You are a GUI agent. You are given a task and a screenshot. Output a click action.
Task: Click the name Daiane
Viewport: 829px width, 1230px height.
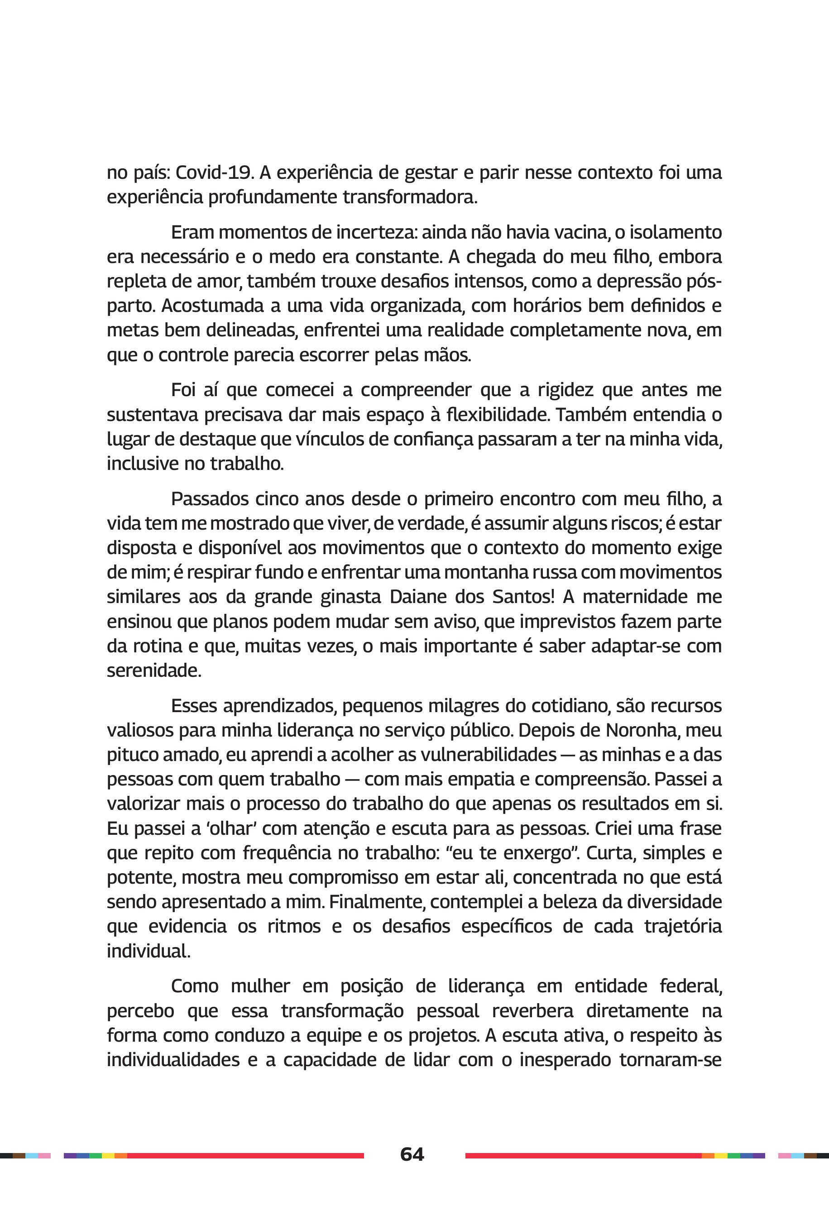tap(416, 596)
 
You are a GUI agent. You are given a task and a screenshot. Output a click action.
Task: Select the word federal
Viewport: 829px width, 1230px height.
tap(690, 986)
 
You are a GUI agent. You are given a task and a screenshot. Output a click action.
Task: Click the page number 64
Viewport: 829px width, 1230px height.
tap(412, 1154)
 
